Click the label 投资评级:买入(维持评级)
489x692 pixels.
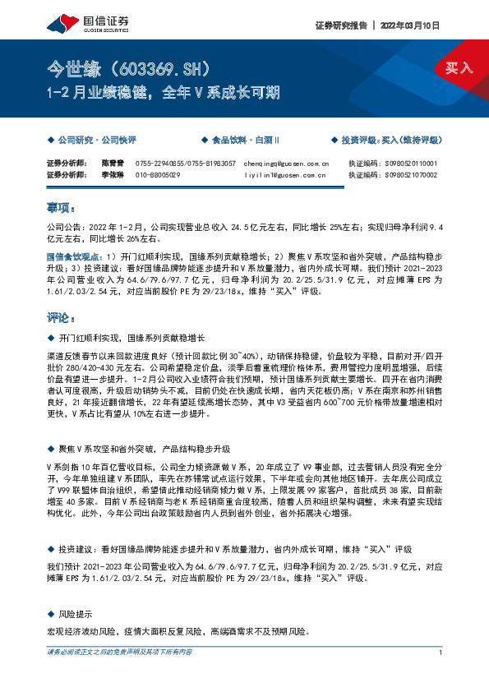(391, 141)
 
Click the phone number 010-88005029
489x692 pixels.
(159, 174)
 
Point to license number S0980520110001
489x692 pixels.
(411, 164)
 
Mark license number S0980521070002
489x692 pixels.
(411, 174)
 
